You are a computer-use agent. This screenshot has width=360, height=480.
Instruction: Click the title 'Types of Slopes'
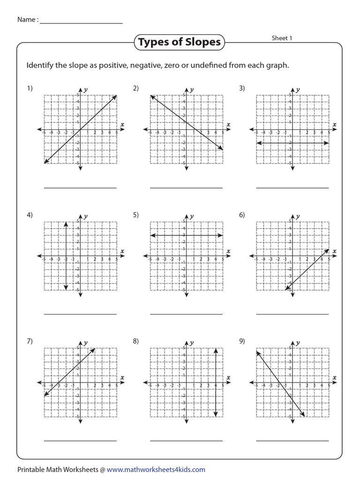[179, 42]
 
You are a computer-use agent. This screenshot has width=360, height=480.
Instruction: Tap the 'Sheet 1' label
[282, 38]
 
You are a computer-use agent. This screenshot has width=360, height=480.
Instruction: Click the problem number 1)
[30, 89]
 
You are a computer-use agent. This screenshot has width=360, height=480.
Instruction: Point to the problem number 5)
[136, 215]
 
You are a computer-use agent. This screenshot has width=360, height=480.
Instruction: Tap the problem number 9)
[242, 341]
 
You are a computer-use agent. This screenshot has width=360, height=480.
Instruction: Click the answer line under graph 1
[80, 188]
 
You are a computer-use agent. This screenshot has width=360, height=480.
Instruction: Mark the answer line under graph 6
[292, 314]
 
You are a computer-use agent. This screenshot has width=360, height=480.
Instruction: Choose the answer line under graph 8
[186, 441]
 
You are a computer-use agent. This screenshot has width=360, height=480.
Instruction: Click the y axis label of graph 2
[192, 89]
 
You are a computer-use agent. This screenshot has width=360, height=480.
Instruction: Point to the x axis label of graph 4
[122, 251]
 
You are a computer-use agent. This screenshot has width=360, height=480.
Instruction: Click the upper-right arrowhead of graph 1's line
[115, 96]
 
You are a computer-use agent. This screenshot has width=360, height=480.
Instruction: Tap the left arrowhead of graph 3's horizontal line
[258, 142]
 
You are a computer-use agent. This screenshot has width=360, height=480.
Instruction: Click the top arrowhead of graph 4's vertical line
[66, 223]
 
